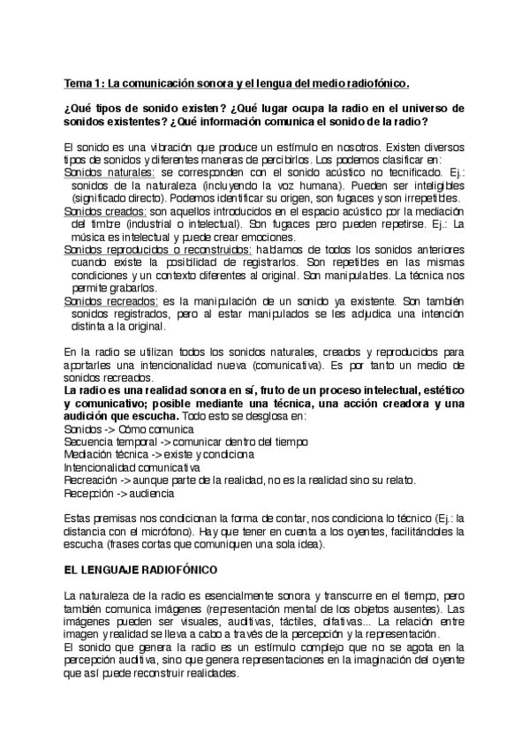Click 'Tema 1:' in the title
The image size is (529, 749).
[x=84, y=84]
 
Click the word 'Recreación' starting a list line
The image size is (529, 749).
[x=94, y=480]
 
